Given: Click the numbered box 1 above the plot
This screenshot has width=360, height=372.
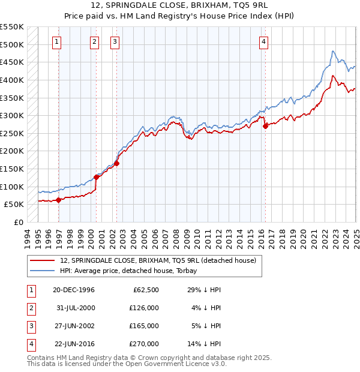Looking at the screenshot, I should [56, 41].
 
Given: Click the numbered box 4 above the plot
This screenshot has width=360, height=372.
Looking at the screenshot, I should [264, 41].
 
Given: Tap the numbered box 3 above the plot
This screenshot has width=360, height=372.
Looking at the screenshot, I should [115, 41].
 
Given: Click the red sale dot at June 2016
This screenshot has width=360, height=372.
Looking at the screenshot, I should [265, 126].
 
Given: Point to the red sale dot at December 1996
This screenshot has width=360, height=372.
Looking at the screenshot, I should [58, 200].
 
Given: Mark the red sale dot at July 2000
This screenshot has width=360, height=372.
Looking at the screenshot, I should [96, 177].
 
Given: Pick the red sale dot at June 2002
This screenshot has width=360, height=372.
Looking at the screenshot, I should [117, 163].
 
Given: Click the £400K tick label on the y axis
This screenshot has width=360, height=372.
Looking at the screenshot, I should [12, 80].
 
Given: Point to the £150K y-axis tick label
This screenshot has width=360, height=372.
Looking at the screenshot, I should [12, 169].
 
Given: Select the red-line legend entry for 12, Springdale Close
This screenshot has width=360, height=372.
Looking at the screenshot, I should [158, 260].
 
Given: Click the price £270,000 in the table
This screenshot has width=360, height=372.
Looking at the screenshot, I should [145, 344].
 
